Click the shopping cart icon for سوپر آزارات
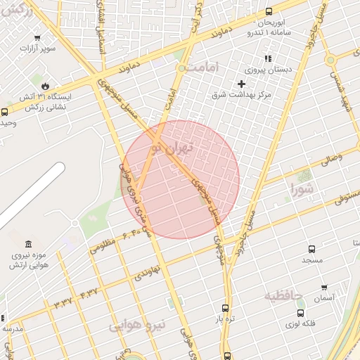click(37, 39)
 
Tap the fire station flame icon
click(45, 84)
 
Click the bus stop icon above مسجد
click(312, 249)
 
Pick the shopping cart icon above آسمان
click(324, 287)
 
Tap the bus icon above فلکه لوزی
click(301, 313)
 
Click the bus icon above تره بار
click(225, 308)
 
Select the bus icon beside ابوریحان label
click(269, 11)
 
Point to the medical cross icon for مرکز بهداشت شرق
click(241, 84)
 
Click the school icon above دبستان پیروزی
click(267, 59)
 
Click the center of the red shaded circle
click(181, 179)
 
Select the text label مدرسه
click(12, 328)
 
